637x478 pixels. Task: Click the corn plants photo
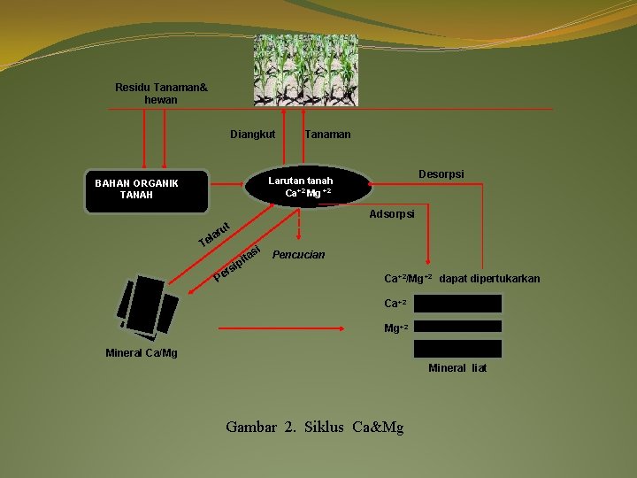tap(306, 70)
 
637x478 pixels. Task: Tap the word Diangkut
tap(252, 135)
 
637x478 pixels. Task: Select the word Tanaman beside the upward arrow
tap(327, 135)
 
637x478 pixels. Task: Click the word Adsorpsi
tap(392, 214)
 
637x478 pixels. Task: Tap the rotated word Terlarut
tap(215, 234)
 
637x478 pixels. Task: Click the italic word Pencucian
tap(299, 255)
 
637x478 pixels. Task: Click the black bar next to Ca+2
tap(458, 304)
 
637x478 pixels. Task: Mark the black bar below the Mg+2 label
tap(458, 349)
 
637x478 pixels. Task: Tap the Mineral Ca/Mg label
tap(141, 353)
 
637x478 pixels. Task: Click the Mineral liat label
tap(457, 367)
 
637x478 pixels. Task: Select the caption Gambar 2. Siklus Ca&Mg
tap(314, 427)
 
